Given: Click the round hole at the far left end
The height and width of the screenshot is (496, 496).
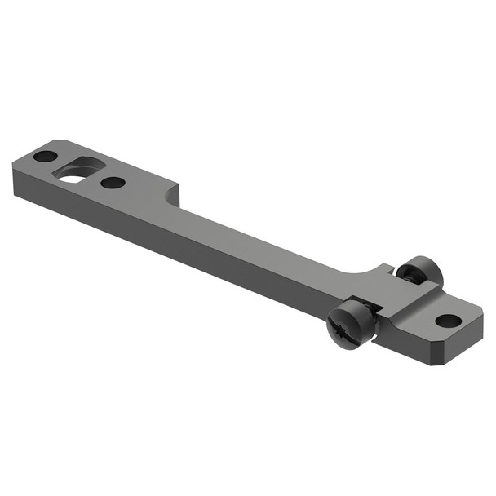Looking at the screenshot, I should point(46,156).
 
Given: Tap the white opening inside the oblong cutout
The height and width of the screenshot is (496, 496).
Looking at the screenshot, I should point(74,176).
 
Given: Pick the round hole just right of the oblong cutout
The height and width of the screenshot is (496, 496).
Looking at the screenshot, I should point(113,182).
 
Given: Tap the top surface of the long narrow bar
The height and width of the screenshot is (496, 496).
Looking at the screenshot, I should point(261,237).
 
